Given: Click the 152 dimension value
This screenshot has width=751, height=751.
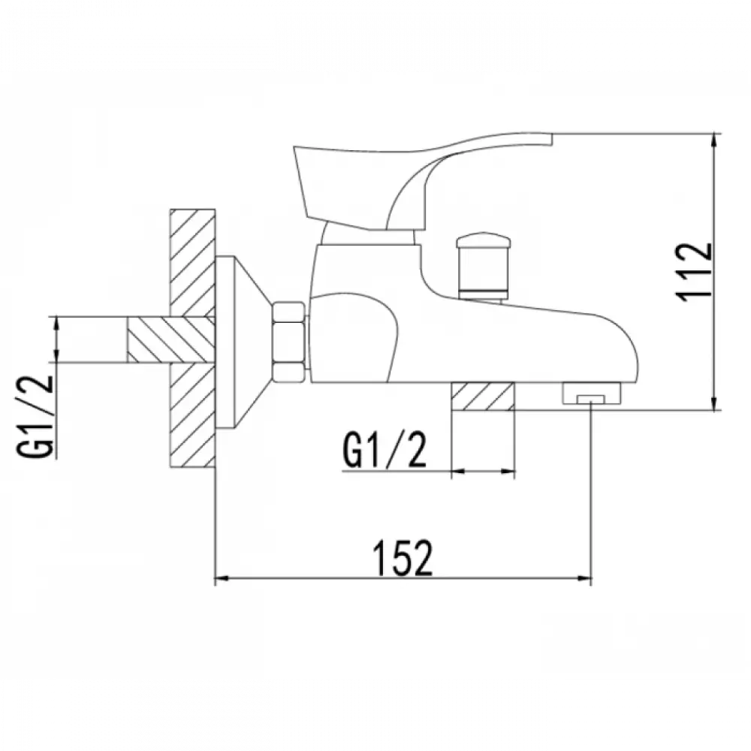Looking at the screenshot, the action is [403, 558].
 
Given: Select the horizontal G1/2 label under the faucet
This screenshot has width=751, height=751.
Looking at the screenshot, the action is [384, 451].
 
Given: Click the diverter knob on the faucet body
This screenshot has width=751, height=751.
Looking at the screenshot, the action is [481, 267].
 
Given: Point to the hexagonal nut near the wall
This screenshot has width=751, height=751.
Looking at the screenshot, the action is [288, 342].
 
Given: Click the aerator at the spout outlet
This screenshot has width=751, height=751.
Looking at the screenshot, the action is [591, 393].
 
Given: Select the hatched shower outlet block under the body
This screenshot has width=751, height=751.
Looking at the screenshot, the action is [483, 397].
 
